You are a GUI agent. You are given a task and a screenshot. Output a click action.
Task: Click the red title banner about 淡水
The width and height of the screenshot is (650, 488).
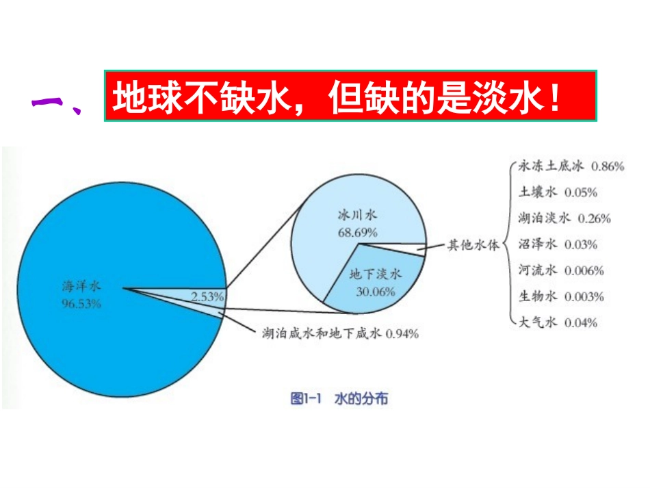tap(350, 96)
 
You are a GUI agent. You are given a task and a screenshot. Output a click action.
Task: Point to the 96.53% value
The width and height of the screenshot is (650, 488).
tap(81, 304)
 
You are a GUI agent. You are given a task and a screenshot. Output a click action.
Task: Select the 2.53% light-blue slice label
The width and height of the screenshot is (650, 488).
tap(208, 296)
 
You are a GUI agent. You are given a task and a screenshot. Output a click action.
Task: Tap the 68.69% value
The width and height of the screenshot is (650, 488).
tap(357, 231)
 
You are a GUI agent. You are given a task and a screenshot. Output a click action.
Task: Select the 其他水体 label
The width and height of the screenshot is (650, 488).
tap(473, 244)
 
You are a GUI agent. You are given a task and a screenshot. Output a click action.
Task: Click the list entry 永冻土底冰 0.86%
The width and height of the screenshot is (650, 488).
tap(572, 166)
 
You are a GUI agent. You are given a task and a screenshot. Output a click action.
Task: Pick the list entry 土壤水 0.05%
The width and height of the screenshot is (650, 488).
tap(558, 192)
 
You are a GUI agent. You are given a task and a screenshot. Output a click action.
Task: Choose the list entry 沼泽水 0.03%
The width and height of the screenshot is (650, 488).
tap(558, 244)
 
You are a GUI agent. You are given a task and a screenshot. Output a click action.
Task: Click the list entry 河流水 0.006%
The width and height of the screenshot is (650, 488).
tap(562, 270)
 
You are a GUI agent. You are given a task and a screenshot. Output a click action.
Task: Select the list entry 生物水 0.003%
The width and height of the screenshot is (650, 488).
tap(562, 296)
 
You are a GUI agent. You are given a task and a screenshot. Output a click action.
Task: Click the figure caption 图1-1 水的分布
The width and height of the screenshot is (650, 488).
tap(339, 398)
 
